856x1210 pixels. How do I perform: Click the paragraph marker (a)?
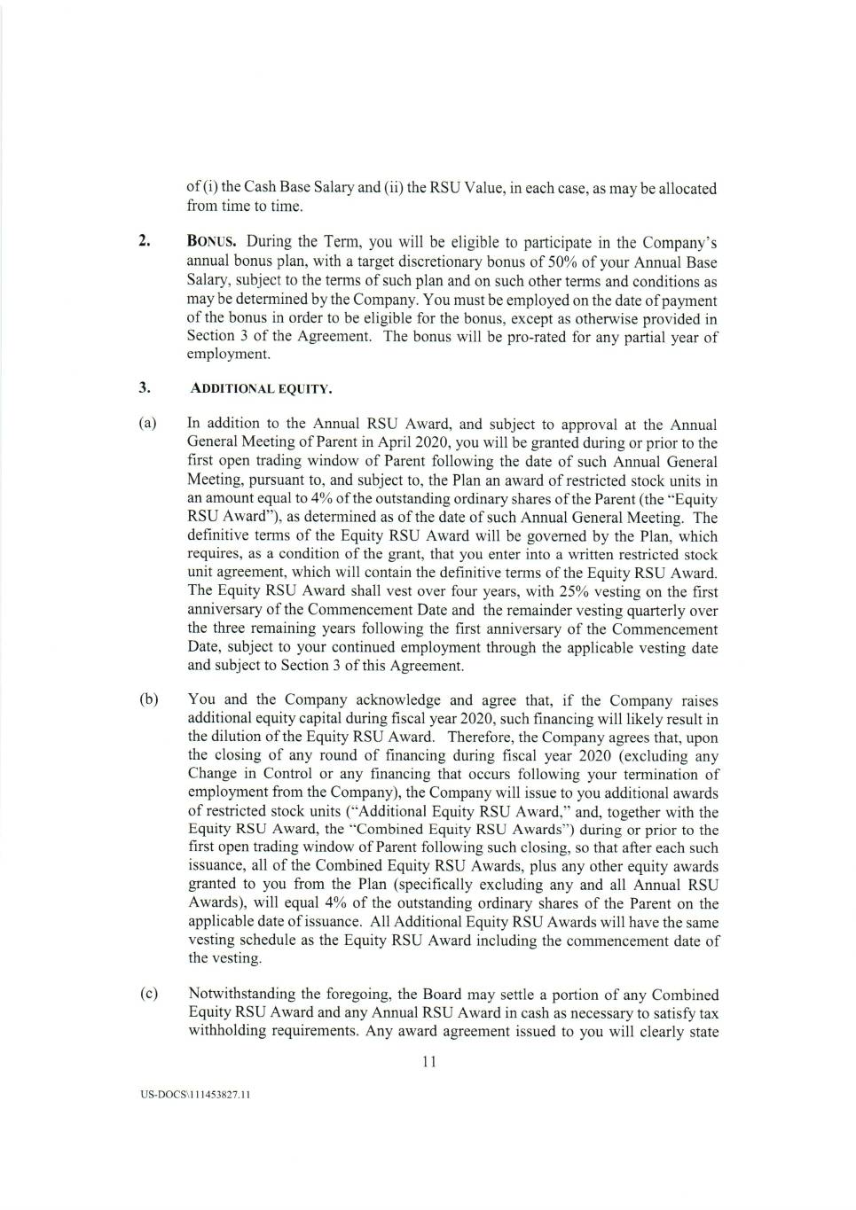148,424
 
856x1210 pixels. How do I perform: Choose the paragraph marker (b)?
148,699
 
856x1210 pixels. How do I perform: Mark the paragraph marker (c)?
148,994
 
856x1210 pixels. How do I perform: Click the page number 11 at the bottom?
428,1062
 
